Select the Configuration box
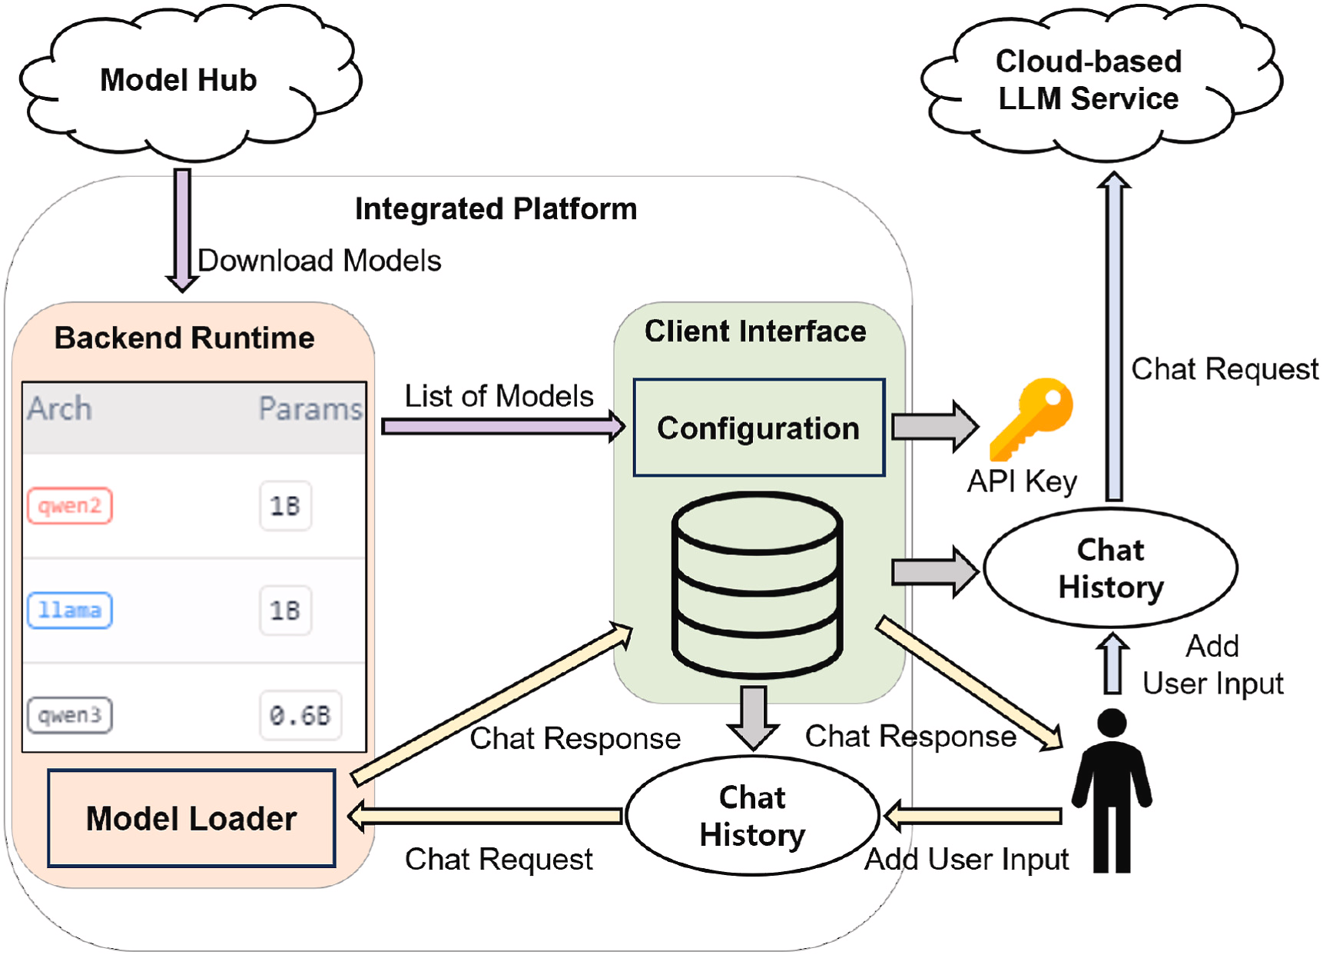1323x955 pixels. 759,428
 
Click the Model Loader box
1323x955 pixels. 191,818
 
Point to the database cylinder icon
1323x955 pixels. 758,584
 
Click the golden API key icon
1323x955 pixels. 1031,417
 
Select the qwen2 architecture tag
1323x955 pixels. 70,506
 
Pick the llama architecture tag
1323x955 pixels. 70,611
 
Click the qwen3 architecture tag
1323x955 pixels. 70,715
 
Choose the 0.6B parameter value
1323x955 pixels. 300,715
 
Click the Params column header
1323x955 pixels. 310,409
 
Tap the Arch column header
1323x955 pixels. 60,409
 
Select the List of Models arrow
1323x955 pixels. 503,426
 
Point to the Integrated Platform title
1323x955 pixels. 496,209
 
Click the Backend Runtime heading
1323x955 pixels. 184,338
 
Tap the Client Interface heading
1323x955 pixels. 755,331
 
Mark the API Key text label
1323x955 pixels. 1022,481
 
